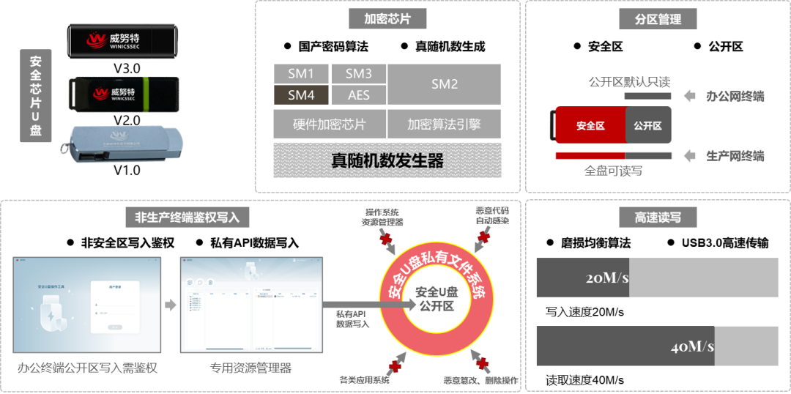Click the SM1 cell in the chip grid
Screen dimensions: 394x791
pos(301,74)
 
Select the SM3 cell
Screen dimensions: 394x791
pos(358,74)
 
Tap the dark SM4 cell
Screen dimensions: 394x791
pos(301,95)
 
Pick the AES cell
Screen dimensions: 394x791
pos(358,95)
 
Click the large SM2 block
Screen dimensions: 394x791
pos(444,84)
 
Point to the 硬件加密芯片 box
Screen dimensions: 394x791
pos(329,124)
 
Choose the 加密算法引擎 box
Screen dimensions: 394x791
pos(444,124)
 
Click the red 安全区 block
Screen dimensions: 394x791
pos(590,125)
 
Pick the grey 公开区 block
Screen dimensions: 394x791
pos(648,125)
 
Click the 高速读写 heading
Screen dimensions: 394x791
pos(658,218)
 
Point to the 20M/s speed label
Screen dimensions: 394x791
pos(607,278)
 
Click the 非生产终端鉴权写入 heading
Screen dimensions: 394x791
pos(193,218)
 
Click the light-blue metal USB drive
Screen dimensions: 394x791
pos(121,144)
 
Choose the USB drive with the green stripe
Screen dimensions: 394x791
pos(123,93)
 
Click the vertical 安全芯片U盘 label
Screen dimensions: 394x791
pos(35,95)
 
